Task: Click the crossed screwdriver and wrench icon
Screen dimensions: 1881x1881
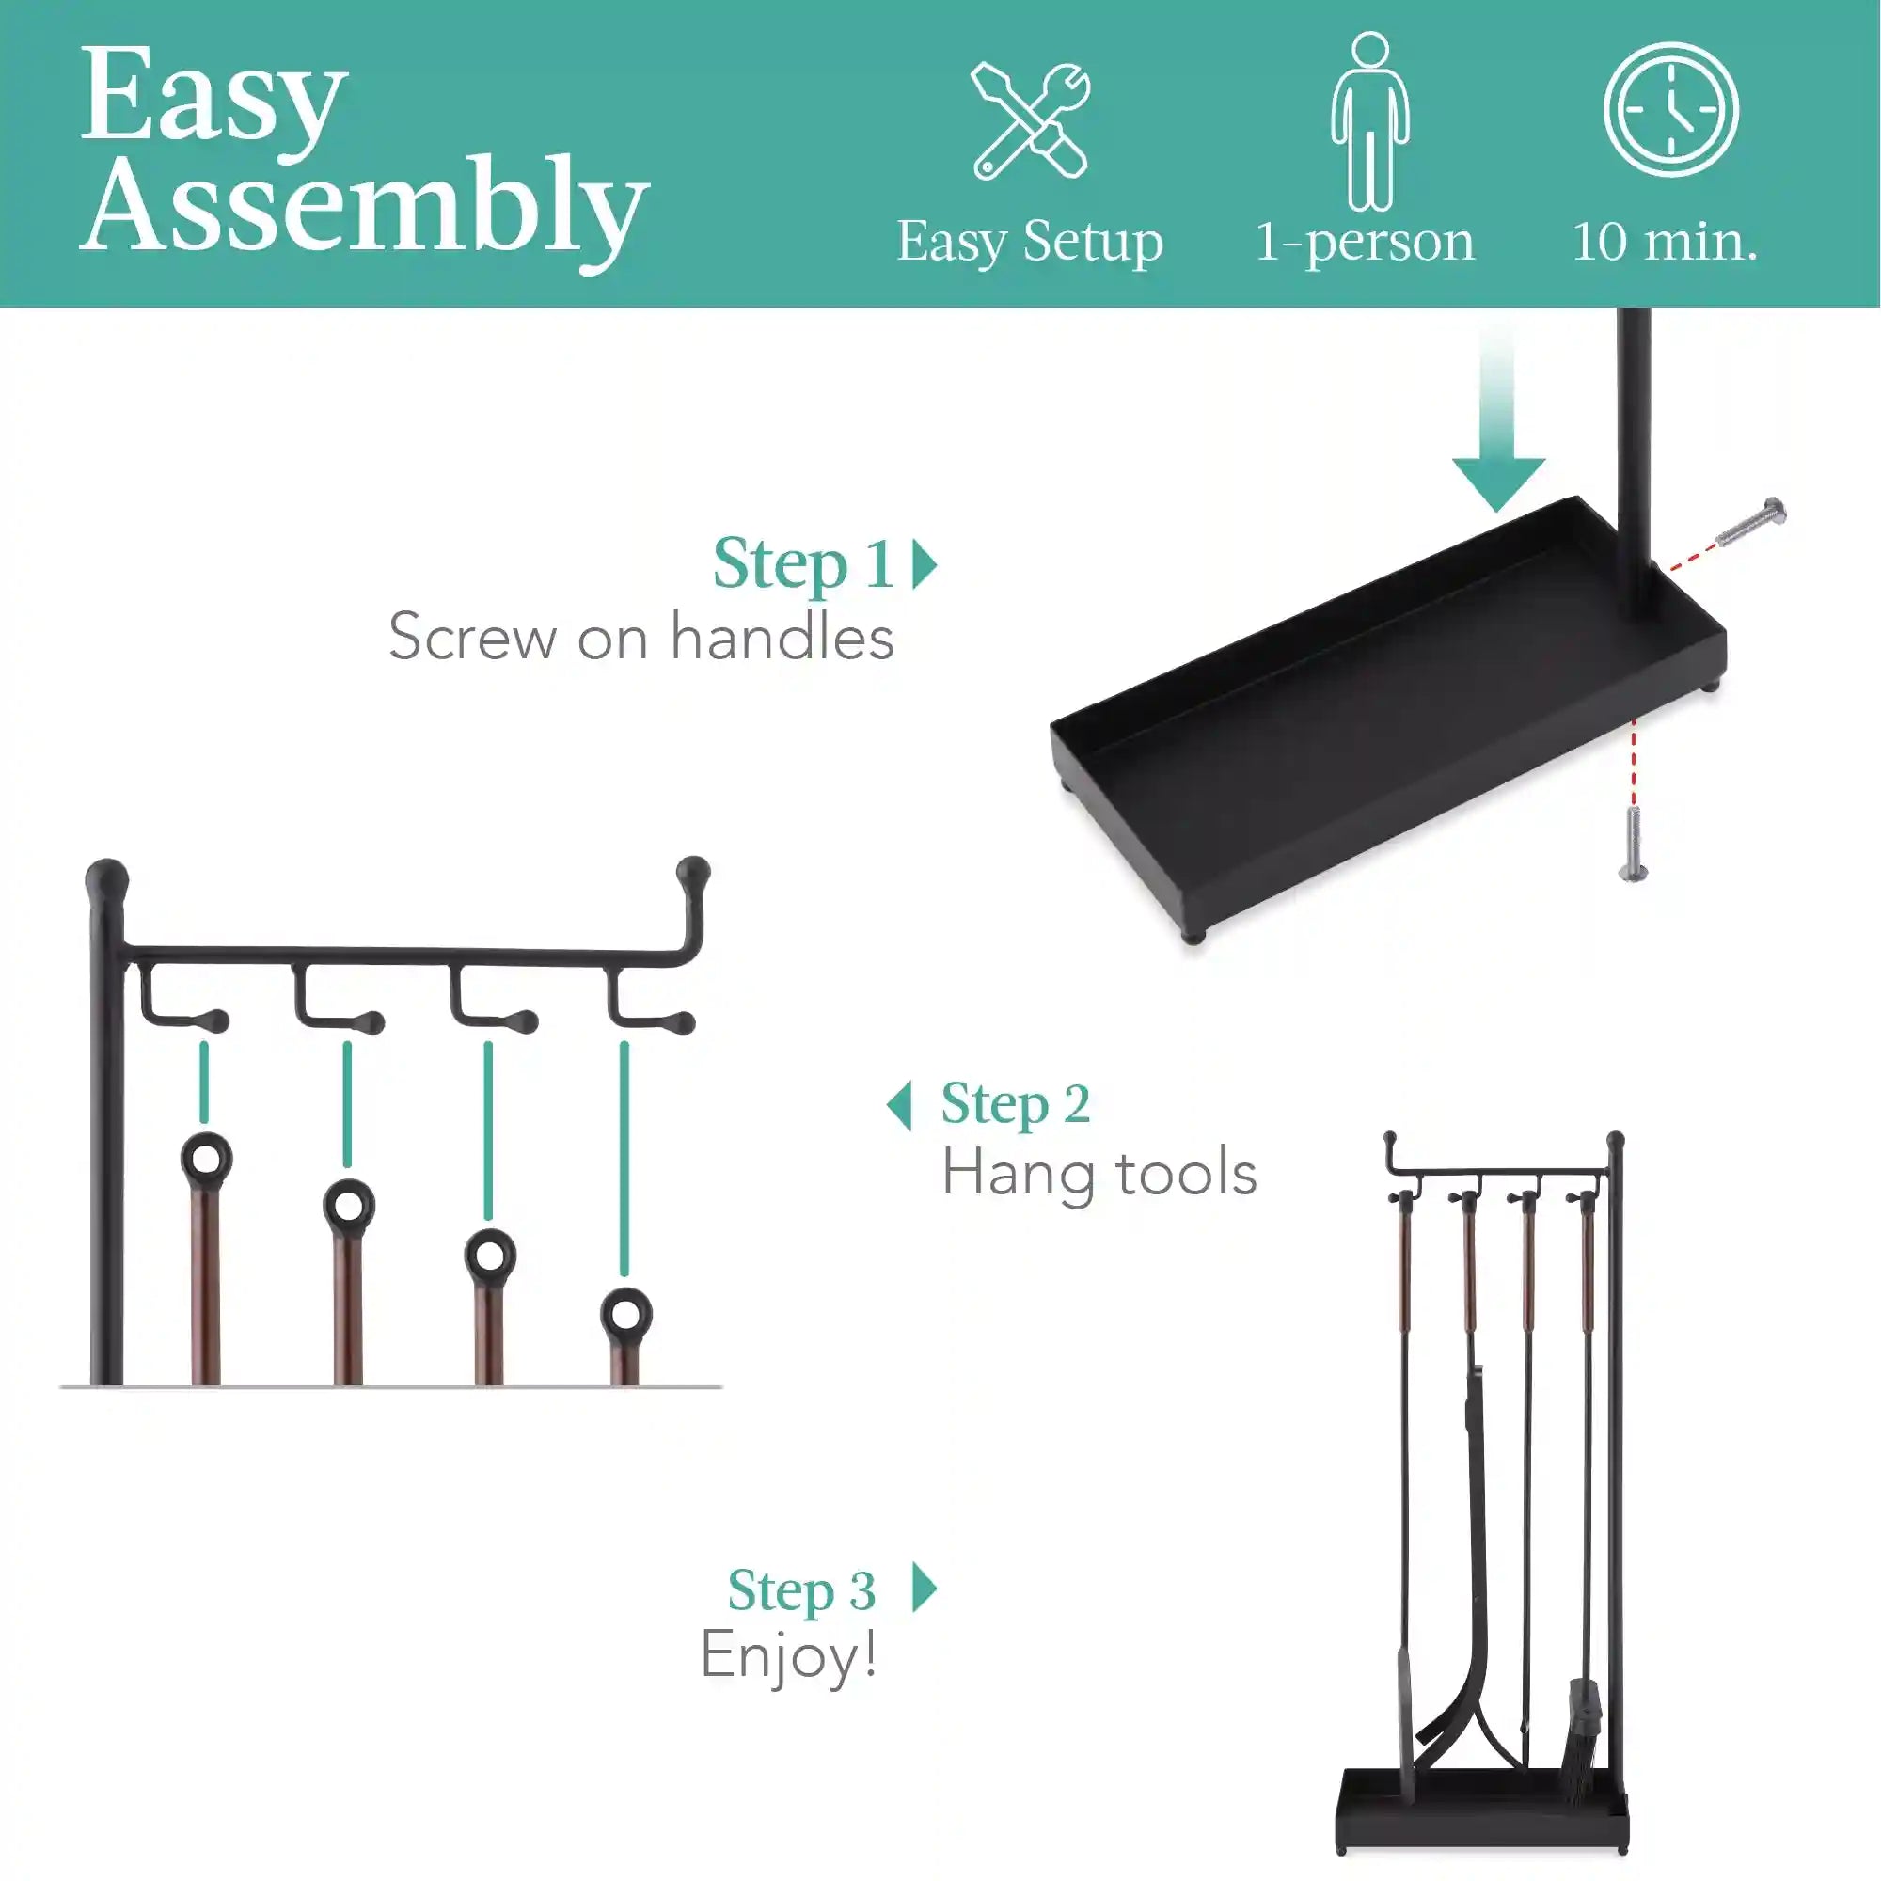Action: coord(1030,120)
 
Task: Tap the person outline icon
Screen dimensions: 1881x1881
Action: coord(1370,120)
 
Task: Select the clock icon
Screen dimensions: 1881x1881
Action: coord(1670,110)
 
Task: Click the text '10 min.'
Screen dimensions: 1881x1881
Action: coord(1665,242)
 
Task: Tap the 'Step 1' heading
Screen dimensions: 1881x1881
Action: coord(804,564)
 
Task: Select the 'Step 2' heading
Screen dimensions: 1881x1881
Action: coord(1016,1105)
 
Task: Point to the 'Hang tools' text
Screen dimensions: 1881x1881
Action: coord(1099,1173)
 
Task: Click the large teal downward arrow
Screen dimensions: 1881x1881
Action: coord(1498,419)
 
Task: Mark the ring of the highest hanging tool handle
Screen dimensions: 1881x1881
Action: coord(206,1159)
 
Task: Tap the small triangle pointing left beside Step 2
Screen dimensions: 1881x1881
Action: coord(900,1106)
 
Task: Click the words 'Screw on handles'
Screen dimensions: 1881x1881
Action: coord(640,638)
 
